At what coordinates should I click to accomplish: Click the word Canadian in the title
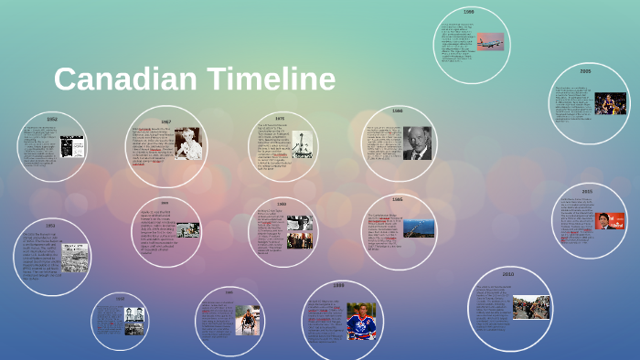[x=123, y=79]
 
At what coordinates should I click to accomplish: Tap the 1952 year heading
[x=52, y=120]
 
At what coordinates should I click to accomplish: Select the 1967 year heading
[x=165, y=122]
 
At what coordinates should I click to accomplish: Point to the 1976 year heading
[x=280, y=118]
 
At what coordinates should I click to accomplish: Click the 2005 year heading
[x=585, y=70]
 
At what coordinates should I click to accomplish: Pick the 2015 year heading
[x=587, y=191]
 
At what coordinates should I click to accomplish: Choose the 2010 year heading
[x=507, y=274]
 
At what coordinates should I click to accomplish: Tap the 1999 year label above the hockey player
[x=339, y=286]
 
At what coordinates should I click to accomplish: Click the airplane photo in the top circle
[x=490, y=42]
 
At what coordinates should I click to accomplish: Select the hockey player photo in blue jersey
[x=361, y=322]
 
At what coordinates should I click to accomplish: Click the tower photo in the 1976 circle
[x=302, y=144]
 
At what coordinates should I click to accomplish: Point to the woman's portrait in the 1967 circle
[x=188, y=143]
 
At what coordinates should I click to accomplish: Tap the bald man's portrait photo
[x=417, y=143]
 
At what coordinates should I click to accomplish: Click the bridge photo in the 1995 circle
[x=419, y=227]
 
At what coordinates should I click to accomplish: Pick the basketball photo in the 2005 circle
[x=611, y=103]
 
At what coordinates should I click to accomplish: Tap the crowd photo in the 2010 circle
[x=531, y=307]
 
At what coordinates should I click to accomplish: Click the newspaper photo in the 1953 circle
[x=74, y=258]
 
